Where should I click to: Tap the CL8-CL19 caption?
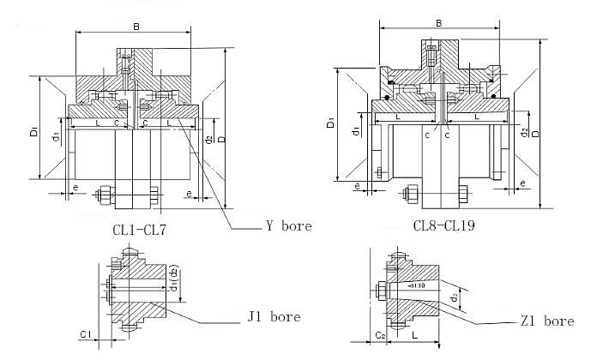click(x=445, y=225)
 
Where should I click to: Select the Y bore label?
click(x=288, y=226)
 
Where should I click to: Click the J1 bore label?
click(x=274, y=316)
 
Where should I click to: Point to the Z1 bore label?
click(x=546, y=321)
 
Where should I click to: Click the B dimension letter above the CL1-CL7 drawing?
click(x=136, y=27)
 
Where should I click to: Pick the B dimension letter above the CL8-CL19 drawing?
click(x=439, y=24)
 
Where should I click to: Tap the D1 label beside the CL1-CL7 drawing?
click(x=33, y=131)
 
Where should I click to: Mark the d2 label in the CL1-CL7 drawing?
click(x=210, y=138)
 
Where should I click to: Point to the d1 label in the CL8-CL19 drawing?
click(x=355, y=130)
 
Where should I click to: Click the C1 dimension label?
click(x=85, y=333)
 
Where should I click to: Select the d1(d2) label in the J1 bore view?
click(x=173, y=280)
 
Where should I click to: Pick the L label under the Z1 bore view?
click(x=414, y=338)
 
